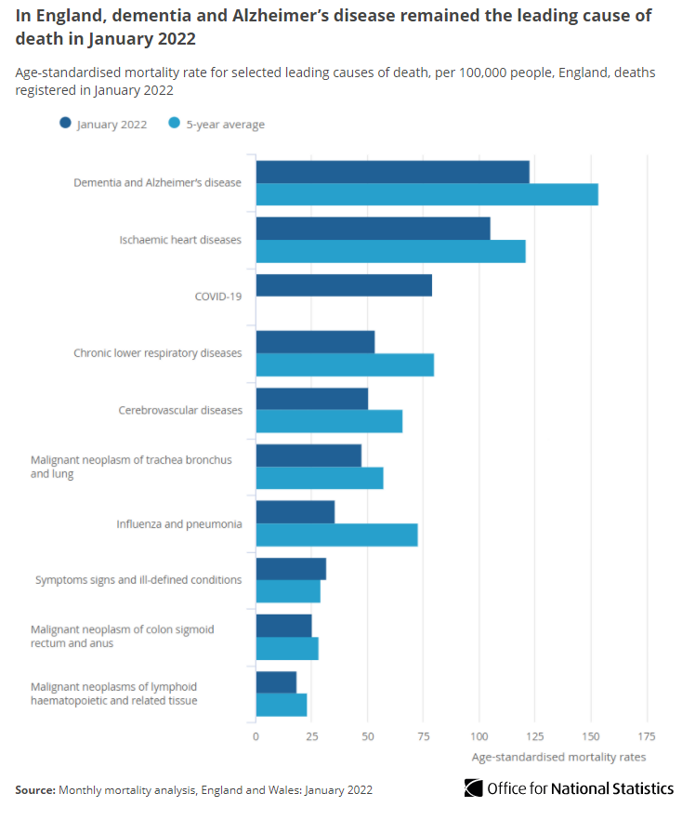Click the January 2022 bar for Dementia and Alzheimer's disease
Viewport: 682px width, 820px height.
pyautogui.click(x=392, y=172)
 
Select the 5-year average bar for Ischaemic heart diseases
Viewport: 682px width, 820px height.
pyautogui.click(x=391, y=251)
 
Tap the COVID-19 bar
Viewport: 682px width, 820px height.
pyautogui.click(x=344, y=285)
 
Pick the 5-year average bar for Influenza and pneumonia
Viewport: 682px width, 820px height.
pyautogui.click(x=336, y=535)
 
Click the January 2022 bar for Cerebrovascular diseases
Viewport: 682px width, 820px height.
pyautogui.click(x=312, y=399)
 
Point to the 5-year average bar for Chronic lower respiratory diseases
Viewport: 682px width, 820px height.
pyautogui.click(x=345, y=364)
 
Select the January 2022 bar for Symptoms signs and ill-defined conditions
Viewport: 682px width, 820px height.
pyautogui.click(x=291, y=569)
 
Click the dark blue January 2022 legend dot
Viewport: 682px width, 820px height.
pyautogui.click(x=65, y=123)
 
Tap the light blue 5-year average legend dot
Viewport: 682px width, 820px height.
pyautogui.click(x=175, y=123)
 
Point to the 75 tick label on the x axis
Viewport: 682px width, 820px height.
pyautogui.click(x=424, y=736)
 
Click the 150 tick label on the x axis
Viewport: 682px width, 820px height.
pyautogui.click(x=591, y=736)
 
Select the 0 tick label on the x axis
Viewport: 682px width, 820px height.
pyautogui.click(x=256, y=736)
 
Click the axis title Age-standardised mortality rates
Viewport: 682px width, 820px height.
pyautogui.click(x=558, y=757)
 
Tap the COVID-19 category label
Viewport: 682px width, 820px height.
pyautogui.click(x=218, y=297)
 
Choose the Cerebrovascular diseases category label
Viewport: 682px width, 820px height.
pyautogui.click(x=180, y=410)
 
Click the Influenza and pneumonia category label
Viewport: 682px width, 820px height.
pyautogui.click(x=179, y=524)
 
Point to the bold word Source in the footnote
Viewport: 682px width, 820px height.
pyautogui.click(x=35, y=789)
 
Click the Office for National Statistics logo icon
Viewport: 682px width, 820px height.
pyautogui.click(x=474, y=788)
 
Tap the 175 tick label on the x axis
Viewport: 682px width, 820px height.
pyautogui.click(x=647, y=736)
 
